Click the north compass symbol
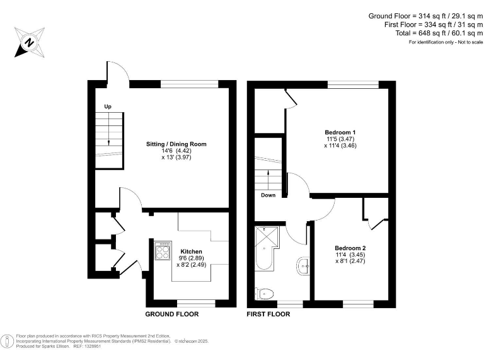coord(29,43)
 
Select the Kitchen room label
coord(191,251)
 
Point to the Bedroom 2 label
coord(350,248)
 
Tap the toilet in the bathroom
coord(265,293)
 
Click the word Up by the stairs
coord(108,107)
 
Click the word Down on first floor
coord(268,195)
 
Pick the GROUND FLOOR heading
coord(172,314)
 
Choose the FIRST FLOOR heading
coord(269,314)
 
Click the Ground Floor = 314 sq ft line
coord(425,15)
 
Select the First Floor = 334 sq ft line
coord(427,24)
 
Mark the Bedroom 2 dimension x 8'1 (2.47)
coord(350,260)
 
